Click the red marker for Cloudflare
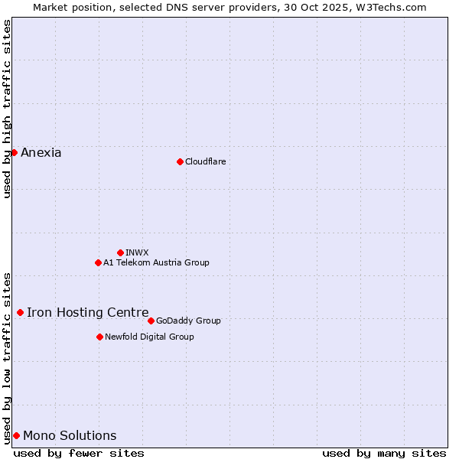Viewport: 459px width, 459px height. (x=180, y=161)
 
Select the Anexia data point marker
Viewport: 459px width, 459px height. (x=14, y=152)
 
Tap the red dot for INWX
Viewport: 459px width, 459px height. (x=120, y=252)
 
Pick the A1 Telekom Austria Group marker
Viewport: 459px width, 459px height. (x=98, y=262)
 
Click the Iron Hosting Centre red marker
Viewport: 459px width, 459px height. (x=20, y=312)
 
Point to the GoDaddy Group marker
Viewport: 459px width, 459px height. (x=151, y=321)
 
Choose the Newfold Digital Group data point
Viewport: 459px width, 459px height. (x=99, y=337)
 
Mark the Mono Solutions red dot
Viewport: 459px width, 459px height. (x=16, y=435)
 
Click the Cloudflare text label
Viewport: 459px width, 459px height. (x=205, y=161)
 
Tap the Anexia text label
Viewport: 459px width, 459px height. (x=41, y=152)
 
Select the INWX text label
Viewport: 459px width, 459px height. (x=137, y=252)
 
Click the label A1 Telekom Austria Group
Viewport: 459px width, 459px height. (x=156, y=262)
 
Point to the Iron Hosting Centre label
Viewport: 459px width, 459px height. (x=88, y=312)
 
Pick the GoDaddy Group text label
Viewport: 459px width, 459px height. (x=188, y=321)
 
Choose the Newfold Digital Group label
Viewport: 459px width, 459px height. (x=149, y=337)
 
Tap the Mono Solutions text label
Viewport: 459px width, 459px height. (x=70, y=435)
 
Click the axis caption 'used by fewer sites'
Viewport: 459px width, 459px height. (x=79, y=453)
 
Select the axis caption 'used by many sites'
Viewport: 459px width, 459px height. (x=384, y=453)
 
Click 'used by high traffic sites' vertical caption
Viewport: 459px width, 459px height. (x=7, y=109)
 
